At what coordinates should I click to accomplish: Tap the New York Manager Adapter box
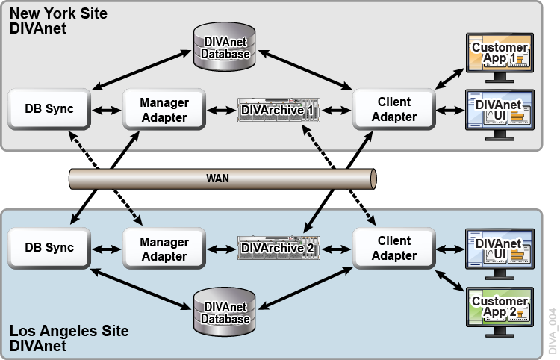164,109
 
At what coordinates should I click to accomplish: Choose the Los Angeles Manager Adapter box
164,248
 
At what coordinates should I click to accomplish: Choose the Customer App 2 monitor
499,307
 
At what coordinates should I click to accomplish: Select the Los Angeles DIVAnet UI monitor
499,248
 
